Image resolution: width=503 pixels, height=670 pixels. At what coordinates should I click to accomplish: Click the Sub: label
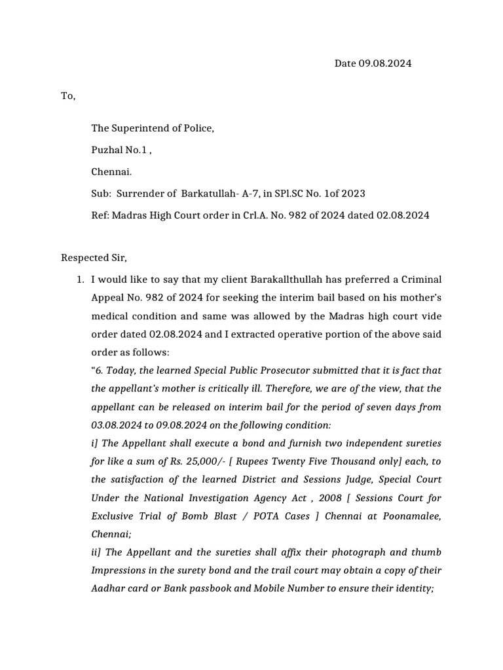coord(101,194)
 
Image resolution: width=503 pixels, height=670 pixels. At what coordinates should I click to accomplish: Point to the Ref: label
coord(100,215)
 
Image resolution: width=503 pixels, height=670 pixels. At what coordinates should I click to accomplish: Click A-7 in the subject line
coord(210,194)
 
